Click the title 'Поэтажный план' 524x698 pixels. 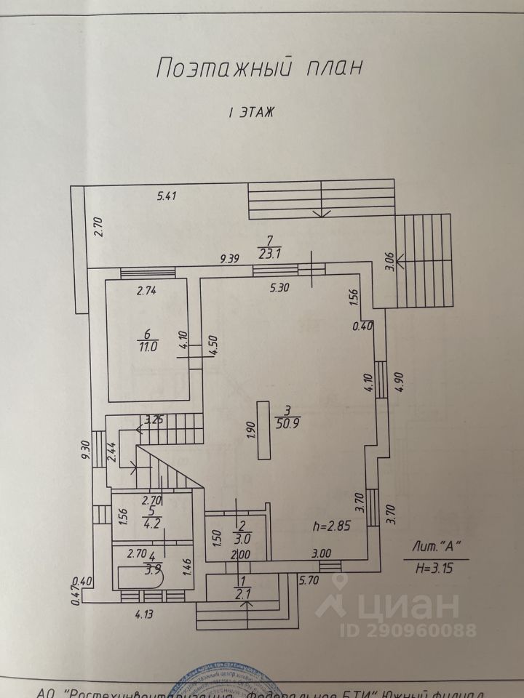(259, 69)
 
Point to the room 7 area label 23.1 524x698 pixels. (270, 254)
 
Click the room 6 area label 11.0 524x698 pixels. (148, 346)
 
